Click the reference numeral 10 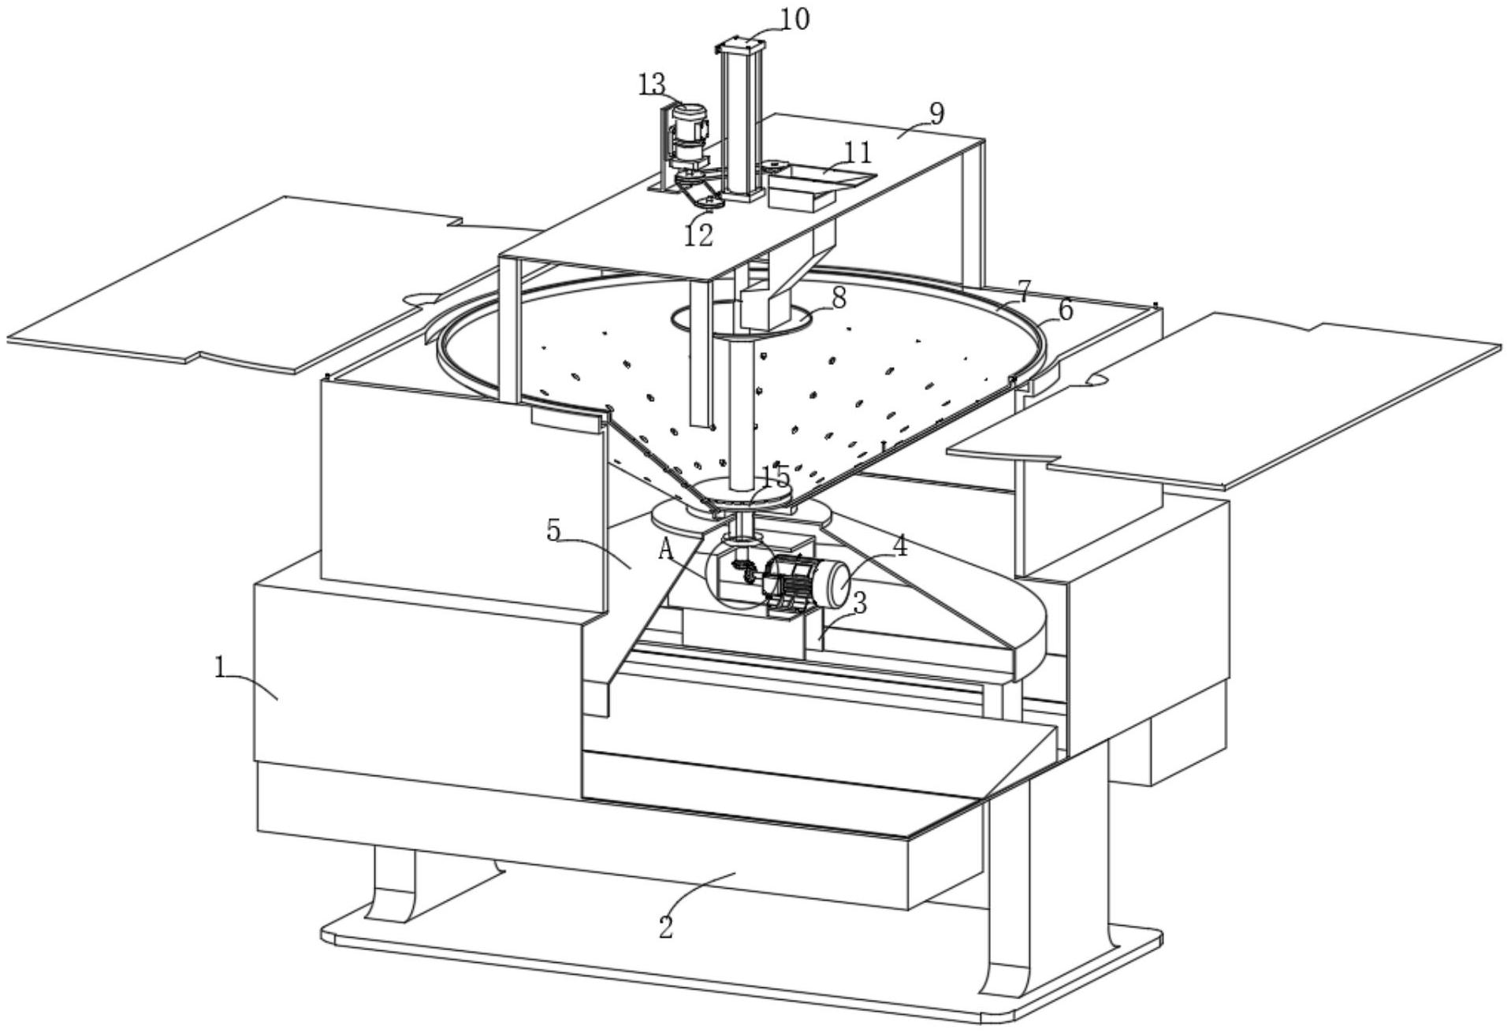[x=794, y=19]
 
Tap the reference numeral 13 [x=652, y=84]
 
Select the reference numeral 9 [x=936, y=113]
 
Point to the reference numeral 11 [x=858, y=151]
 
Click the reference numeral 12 [x=698, y=235]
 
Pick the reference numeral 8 [x=838, y=298]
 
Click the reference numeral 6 [x=1065, y=310]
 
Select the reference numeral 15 [x=775, y=476]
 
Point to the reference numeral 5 [x=554, y=530]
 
